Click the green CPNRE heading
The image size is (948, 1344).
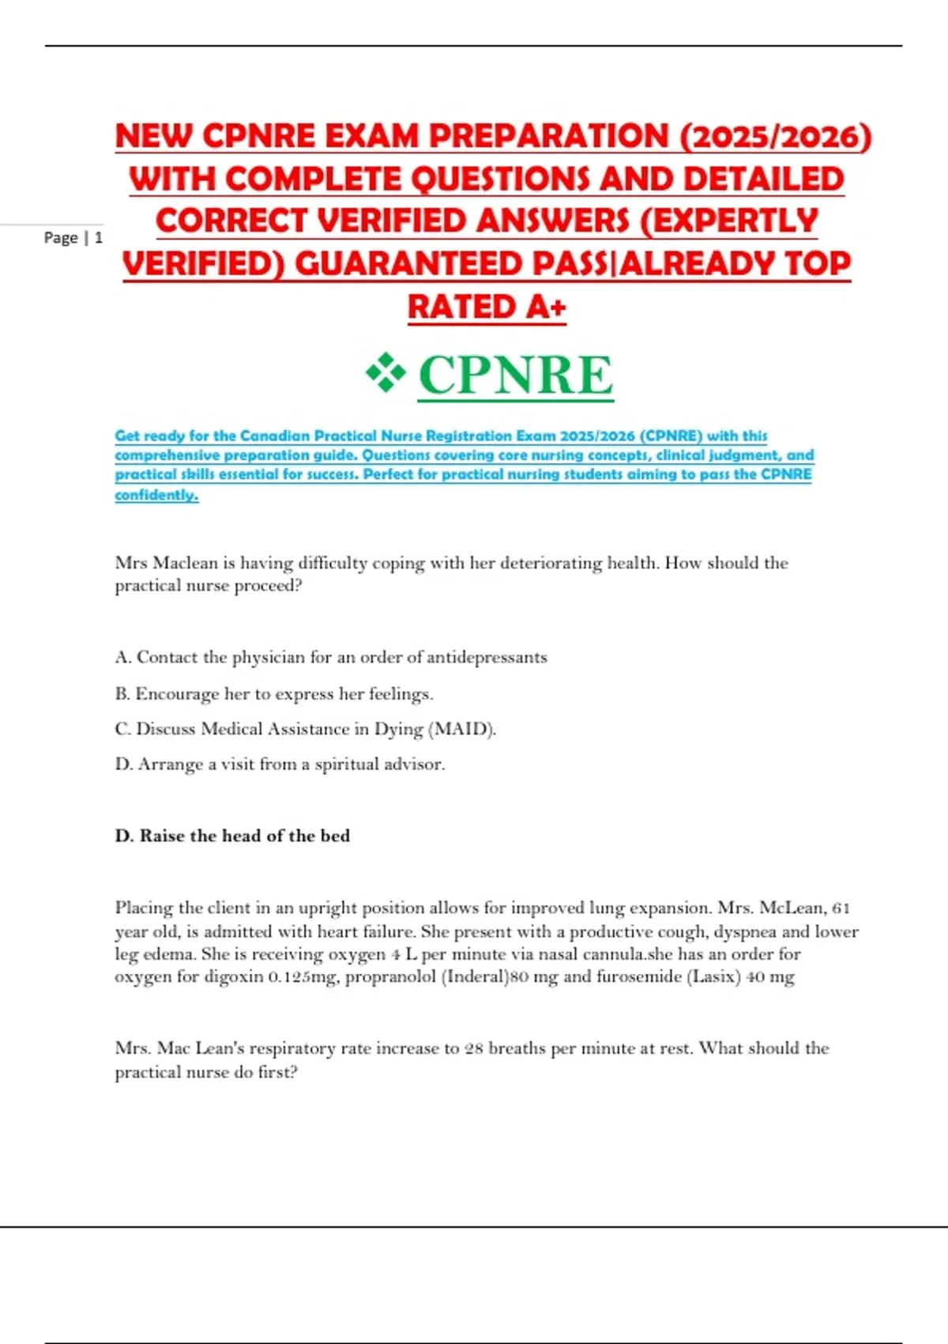515,375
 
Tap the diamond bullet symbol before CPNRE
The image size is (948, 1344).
386,373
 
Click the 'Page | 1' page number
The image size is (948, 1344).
73,237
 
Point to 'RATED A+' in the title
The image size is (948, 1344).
487,307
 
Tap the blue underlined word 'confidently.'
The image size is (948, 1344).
156,495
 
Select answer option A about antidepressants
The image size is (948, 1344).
330,657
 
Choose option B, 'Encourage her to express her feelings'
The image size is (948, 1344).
273,693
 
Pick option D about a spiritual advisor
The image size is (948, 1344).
280,764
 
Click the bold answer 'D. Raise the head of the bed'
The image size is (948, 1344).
232,836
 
